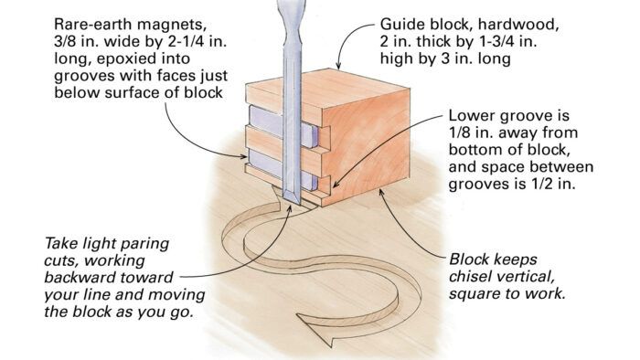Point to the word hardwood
(518, 25)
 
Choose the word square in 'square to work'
(474, 294)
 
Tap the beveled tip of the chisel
(293, 197)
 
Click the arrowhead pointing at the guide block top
(338, 65)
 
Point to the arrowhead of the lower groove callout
(335, 185)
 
